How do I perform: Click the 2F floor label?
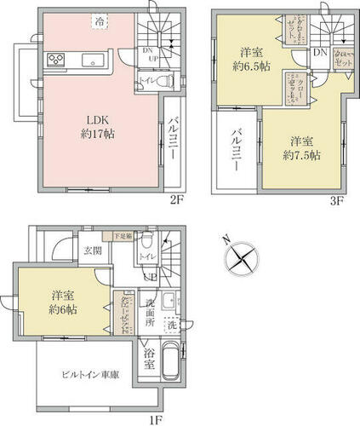175,202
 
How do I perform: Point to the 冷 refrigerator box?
100,20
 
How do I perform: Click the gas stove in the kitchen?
57,60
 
